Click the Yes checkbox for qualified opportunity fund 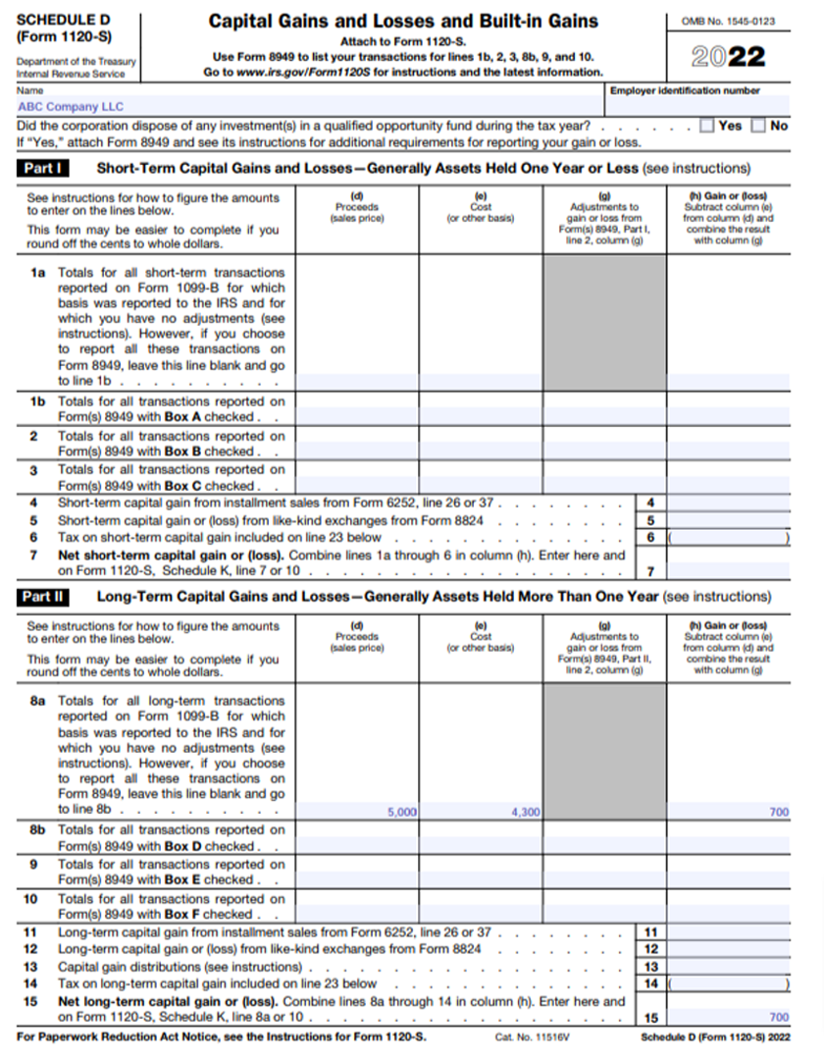[x=707, y=126]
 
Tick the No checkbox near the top [x=758, y=126]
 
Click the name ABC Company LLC [x=71, y=107]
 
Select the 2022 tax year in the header [x=728, y=57]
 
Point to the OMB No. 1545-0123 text [x=728, y=21]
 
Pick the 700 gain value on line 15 [x=779, y=1018]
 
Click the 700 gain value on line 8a [x=779, y=812]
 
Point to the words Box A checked [x=209, y=417]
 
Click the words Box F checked [x=209, y=914]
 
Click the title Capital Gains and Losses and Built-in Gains [x=403, y=22]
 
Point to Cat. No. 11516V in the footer [x=522, y=1036]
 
